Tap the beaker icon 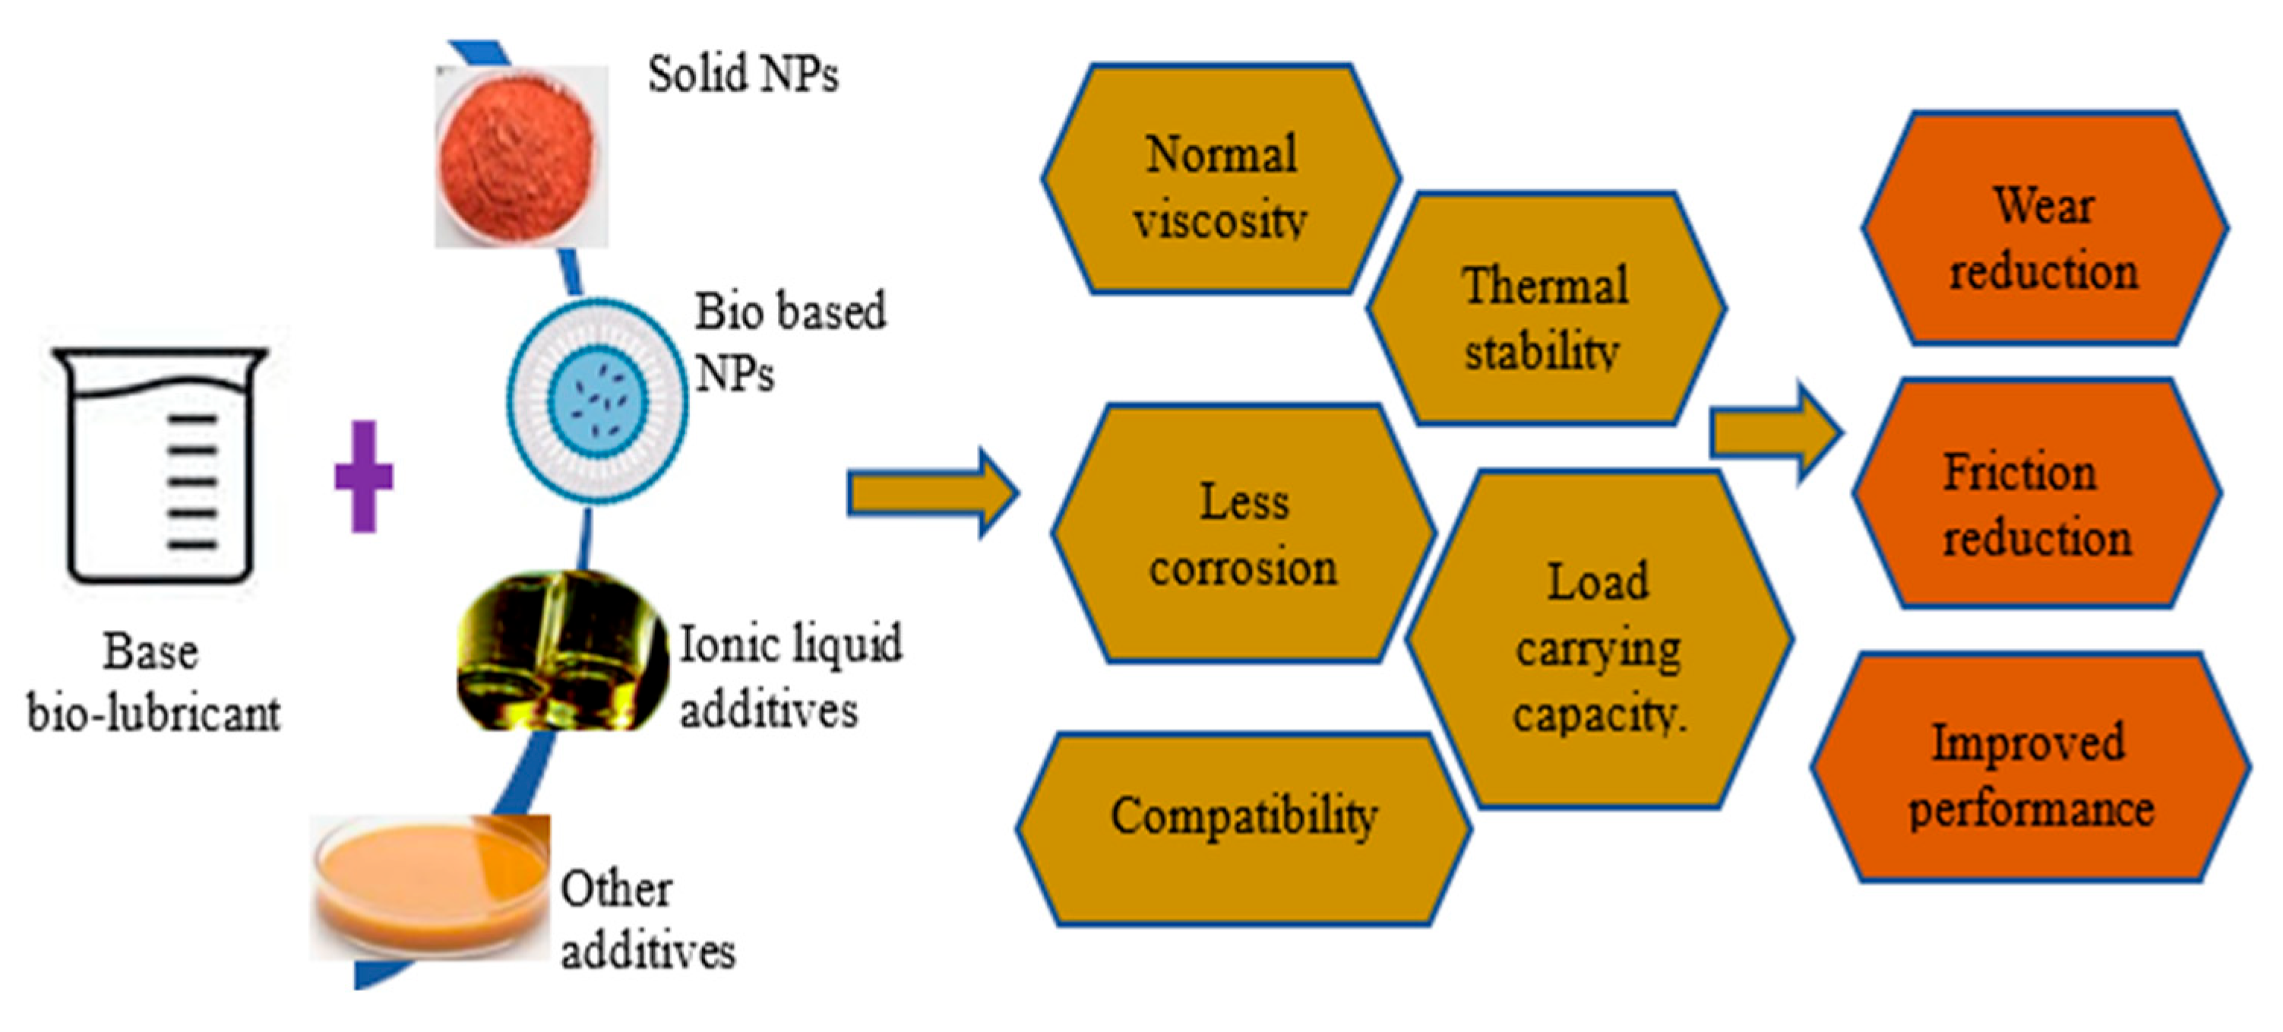(160, 464)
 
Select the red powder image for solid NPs (520, 156)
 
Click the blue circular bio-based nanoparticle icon (596, 400)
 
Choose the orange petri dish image (430, 887)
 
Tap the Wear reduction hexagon (2043, 229)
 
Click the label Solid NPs (743, 74)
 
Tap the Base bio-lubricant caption (153, 682)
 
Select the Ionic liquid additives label (789, 676)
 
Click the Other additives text (647, 920)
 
